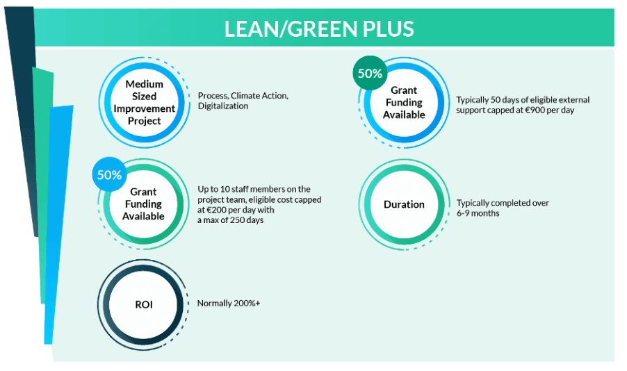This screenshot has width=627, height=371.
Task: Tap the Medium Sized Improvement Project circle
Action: [x=144, y=102]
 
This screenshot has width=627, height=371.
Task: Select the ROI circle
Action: [x=144, y=304]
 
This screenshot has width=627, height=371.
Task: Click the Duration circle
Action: [x=404, y=204]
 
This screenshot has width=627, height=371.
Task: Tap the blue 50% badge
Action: [x=109, y=174]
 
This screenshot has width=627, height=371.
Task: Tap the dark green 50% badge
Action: [x=370, y=73]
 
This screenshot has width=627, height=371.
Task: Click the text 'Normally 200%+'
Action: [x=229, y=304]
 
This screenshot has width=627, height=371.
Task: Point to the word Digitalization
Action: [x=223, y=106]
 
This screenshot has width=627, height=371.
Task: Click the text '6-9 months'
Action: [x=478, y=213]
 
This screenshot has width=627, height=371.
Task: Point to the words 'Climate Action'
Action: [x=259, y=96]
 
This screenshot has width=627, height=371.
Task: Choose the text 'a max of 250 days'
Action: [x=230, y=220]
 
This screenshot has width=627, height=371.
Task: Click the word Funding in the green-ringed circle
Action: [x=143, y=204]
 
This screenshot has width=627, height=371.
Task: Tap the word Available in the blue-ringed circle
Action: [x=404, y=115]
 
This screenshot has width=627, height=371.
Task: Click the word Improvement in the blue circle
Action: [x=144, y=109]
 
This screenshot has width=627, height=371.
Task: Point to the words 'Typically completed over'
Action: [x=503, y=203]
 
